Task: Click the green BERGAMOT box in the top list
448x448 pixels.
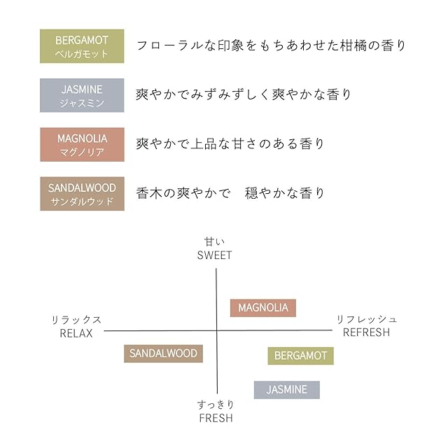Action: pyautogui.click(x=82, y=46)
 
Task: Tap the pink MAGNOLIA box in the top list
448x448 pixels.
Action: pyautogui.click(x=82, y=144)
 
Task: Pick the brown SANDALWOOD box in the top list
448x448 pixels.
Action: pyautogui.click(x=82, y=194)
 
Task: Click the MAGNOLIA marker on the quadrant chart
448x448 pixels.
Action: pyautogui.click(x=263, y=308)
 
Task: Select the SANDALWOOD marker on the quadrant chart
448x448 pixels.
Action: pyautogui.click(x=163, y=353)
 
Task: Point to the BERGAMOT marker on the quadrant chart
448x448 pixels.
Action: pyautogui.click(x=300, y=356)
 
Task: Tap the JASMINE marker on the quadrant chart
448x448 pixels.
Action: pyautogui.click(x=286, y=390)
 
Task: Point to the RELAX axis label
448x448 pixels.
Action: pyautogui.click(x=76, y=333)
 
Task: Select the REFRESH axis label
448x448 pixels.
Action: pyautogui.click(x=366, y=332)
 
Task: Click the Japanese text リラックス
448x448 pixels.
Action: pyautogui.click(x=76, y=320)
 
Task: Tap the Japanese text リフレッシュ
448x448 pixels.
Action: pyautogui.click(x=367, y=319)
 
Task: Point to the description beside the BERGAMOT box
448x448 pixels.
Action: pyautogui.click(x=271, y=46)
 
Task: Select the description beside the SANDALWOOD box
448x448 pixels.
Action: pyautogui.click(x=230, y=193)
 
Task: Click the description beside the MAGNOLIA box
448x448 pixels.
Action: pyautogui.click(x=230, y=144)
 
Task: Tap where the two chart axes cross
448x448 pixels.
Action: pyautogui.click(x=217, y=330)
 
